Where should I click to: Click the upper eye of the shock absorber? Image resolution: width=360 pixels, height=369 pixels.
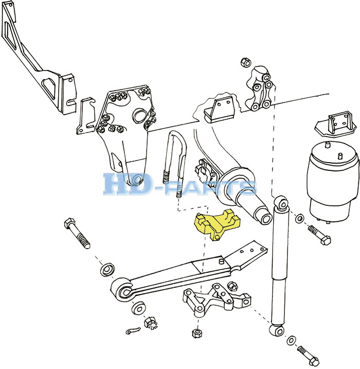(281, 202)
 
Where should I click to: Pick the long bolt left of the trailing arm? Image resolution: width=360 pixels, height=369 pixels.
(77, 233)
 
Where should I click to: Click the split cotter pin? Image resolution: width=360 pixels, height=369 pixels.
(133, 330)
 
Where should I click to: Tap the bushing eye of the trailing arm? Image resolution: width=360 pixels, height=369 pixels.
(124, 291)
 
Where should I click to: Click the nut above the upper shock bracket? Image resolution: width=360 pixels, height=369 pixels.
(245, 62)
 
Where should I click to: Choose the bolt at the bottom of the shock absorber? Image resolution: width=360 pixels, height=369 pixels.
(308, 355)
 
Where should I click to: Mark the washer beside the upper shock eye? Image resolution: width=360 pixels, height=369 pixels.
(299, 218)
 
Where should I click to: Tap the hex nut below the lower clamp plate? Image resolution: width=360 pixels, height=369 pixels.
(197, 332)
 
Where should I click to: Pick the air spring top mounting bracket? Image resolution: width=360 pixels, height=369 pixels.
(336, 126)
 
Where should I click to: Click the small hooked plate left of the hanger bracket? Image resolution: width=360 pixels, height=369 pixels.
(86, 116)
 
